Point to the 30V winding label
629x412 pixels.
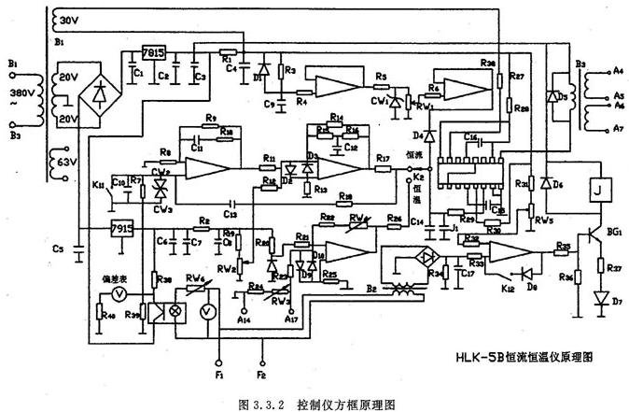coord(70,20)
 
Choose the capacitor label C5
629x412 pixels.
coord(58,249)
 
